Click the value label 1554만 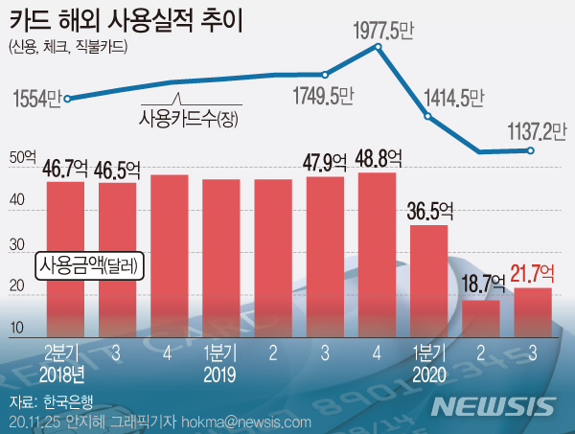[x=37, y=99]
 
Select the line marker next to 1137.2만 [x=532, y=150]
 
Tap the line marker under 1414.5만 [x=428, y=117]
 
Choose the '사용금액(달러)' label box [x=89, y=265]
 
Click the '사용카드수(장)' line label [x=188, y=119]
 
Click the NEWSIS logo [x=493, y=405]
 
